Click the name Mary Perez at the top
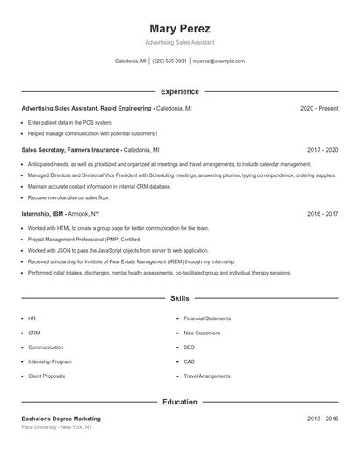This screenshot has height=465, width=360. pos(180,28)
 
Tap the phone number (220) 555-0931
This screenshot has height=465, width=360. pos(169,61)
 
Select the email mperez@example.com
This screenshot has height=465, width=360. pos(219,61)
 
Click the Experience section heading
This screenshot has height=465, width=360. pos(180,91)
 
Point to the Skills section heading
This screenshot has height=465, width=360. pos(180,298)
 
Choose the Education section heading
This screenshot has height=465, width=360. pos(180,402)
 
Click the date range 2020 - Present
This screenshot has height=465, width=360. pos(319,108)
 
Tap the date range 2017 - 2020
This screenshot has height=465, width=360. pos(322,150)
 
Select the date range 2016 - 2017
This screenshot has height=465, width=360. pos(322,213)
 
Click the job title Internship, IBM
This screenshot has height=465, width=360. pos(43,213)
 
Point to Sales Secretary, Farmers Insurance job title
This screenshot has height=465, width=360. pos(70,150)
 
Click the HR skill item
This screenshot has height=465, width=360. pos(32,318)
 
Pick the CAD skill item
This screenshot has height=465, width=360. pos(189,361)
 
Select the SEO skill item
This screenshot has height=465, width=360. pos(189,347)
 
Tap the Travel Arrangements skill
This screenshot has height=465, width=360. pos(207,376)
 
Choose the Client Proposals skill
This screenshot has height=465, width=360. pos(47,376)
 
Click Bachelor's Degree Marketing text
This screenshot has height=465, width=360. pos(61,418)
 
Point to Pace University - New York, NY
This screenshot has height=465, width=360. pos(56,427)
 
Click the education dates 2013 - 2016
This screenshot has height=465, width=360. pos(322,418)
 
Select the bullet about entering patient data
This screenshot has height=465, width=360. pos(70,122)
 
